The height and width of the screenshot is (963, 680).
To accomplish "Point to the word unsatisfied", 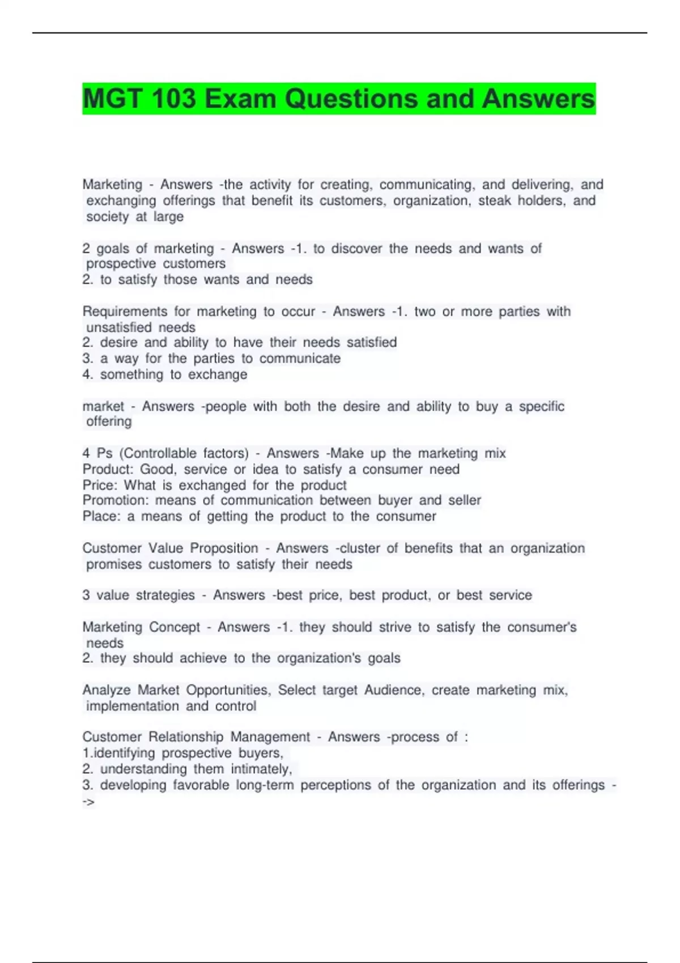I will point(118,327).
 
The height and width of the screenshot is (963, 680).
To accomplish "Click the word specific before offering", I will point(541,406).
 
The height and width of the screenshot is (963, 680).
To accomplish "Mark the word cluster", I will point(360,548).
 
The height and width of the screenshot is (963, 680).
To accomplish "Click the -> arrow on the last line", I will point(88,802).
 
